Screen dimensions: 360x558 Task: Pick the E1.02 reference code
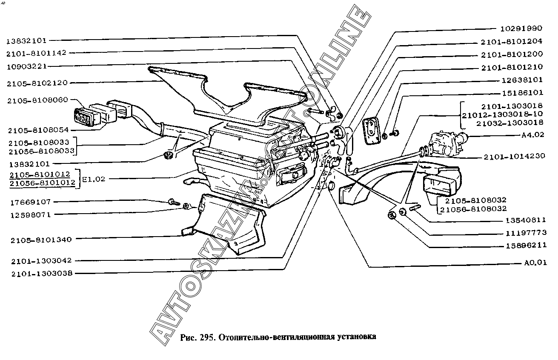coord(94,179)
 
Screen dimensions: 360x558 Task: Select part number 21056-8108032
coord(473,209)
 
